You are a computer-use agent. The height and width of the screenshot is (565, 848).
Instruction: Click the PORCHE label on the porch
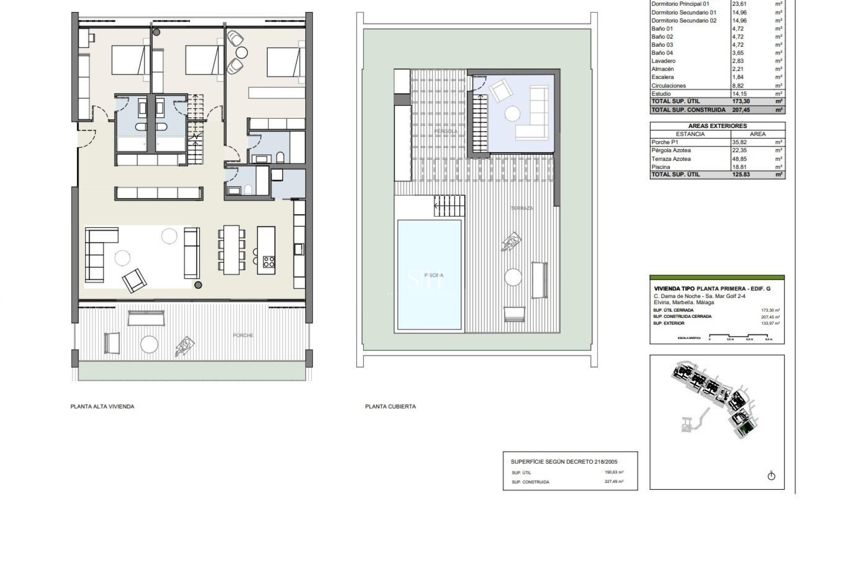pyautogui.click(x=243, y=335)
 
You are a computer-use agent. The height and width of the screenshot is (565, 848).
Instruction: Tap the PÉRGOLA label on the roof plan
pyautogui.click(x=446, y=132)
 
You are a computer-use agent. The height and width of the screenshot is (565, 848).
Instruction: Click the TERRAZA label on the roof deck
pyautogui.click(x=522, y=208)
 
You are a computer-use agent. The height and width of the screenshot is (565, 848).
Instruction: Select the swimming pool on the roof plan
pyautogui.click(x=429, y=275)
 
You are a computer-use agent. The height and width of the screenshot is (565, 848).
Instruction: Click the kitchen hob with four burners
pyautogui.click(x=269, y=262)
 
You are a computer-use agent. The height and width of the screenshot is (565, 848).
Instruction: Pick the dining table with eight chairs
pyautogui.click(x=231, y=250)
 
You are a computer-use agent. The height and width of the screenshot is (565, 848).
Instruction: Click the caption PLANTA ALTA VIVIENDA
pyautogui.click(x=102, y=407)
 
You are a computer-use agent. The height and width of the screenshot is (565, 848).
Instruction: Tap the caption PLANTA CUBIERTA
pyautogui.click(x=390, y=407)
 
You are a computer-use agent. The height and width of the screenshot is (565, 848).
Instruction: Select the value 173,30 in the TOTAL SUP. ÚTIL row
pyautogui.click(x=741, y=102)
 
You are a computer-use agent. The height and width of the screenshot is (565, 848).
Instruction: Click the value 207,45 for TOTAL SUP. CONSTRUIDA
pyautogui.click(x=741, y=110)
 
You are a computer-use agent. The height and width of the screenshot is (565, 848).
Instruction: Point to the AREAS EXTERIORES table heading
pyautogui.click(x=717, y=126)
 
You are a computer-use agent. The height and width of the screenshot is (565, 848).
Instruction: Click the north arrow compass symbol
pyautogui.click(x=771, y=476)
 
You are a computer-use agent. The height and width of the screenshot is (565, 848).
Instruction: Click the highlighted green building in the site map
pyautogui.click(x=746, y=428)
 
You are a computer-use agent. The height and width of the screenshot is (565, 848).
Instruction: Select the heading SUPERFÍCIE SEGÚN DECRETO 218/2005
pyautogui.click(x=564, y=462)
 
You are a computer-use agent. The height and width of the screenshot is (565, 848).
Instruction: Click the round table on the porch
pyautogui.click(x=149, y=344)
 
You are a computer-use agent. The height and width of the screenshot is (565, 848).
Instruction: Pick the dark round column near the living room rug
pyautogui.click(x=198, y=285)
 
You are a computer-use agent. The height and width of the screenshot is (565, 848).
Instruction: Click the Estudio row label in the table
pyautogui.click(x=661, y=94)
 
